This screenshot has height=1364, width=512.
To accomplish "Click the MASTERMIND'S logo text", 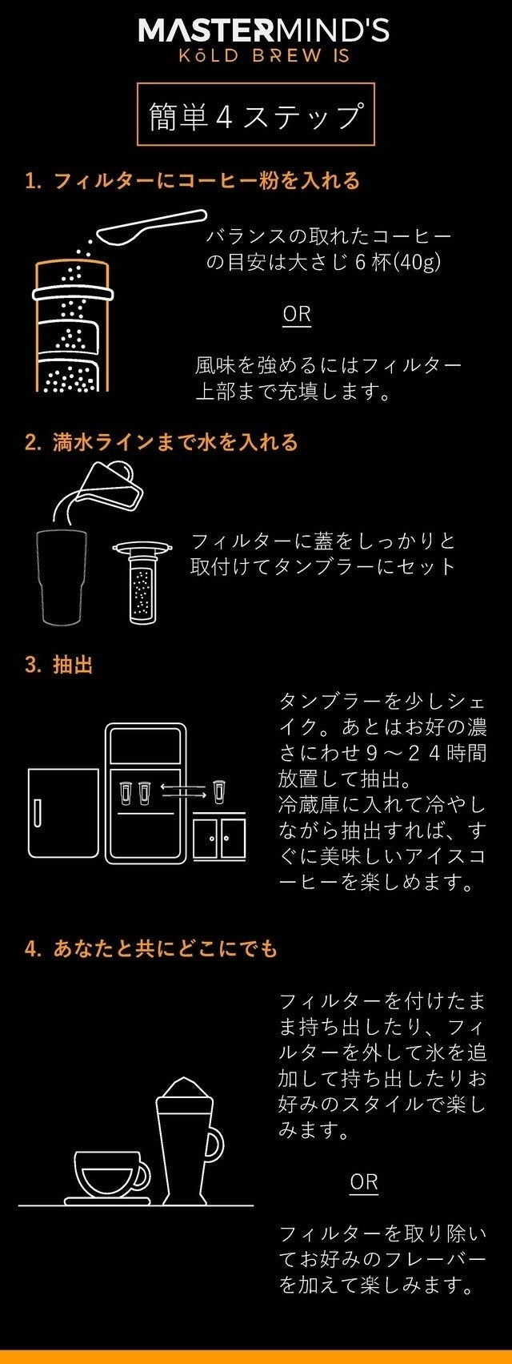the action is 263,31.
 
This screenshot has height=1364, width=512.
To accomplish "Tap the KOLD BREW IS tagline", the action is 264,56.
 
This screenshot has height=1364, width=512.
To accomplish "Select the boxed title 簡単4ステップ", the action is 256,115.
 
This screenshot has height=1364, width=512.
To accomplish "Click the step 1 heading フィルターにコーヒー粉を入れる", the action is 193,181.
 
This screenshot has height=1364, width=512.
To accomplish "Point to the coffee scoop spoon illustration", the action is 152,227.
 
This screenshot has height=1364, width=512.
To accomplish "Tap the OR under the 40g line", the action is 297,314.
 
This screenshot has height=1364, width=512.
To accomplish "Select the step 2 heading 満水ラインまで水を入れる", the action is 162,442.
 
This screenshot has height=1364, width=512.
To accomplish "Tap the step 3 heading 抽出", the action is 59,665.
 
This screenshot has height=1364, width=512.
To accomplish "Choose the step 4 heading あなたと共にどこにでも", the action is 151,948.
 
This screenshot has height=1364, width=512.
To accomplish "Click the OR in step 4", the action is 364,1182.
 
